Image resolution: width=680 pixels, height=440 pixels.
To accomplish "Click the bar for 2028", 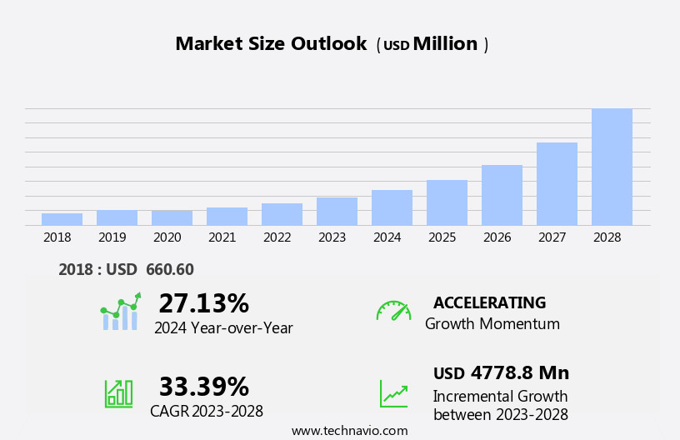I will [612, 167].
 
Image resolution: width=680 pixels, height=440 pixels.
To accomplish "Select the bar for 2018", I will [62, 219].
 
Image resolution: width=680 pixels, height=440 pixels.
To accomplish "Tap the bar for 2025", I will [447, 202].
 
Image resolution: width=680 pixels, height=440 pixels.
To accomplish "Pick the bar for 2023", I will [337, 211].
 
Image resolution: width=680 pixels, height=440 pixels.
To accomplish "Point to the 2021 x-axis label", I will [222, 237].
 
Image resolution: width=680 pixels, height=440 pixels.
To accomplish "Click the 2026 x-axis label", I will [497, 237].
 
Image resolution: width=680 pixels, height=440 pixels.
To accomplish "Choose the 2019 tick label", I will [112, 237].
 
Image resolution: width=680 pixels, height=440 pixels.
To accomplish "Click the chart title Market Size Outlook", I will [271, 44].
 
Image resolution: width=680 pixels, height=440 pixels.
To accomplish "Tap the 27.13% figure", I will [203, 303].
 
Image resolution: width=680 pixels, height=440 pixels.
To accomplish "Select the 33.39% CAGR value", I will [203, 387].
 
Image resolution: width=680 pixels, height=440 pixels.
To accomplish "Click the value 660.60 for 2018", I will [169, 269].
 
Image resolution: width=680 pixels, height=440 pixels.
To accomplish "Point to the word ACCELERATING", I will [489, 302].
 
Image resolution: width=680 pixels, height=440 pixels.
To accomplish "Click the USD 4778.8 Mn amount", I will [501, 372].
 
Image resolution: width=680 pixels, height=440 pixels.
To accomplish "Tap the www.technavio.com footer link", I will [349, 431].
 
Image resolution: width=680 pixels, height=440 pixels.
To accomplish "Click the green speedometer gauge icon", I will [393, 311].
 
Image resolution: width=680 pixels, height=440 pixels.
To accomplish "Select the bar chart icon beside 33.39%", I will [118, 392].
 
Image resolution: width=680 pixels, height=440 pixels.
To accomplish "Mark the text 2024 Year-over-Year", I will [223, 328].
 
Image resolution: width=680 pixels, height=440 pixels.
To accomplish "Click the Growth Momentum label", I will [492, 324].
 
